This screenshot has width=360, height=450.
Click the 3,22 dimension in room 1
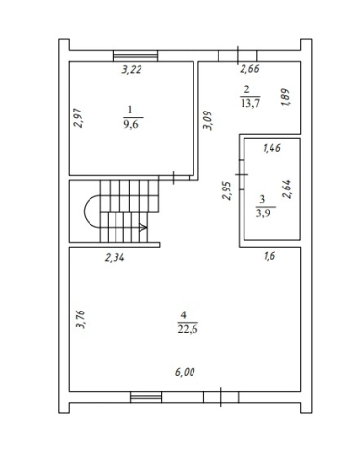click(x=131, y=69)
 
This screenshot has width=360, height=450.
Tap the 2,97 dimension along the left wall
click(x=78, y=118)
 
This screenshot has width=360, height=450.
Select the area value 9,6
click(x=131, y=124)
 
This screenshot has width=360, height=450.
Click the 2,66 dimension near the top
click(x=249, y=69)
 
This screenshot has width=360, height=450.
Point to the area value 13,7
click(x=250, y=103)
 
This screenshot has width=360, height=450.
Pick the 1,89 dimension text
click(x=285, y=98)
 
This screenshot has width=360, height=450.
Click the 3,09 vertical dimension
click(x=207, y=120)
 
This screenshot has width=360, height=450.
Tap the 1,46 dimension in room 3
click(x=271, y=148)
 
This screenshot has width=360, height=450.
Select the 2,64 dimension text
click(x=286, y=189)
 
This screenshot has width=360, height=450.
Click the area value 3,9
click(x=262, y=213)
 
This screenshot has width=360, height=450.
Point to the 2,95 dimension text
click(x=227, y=191)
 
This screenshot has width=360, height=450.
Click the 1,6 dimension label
click(x=270, y=256)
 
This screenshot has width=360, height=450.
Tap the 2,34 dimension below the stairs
click(x=115, y=257)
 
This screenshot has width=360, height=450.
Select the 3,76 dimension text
click(x=80, y=319)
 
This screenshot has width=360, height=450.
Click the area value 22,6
click(x=188, y=329)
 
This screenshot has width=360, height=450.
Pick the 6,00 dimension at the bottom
click(x=185, y=372)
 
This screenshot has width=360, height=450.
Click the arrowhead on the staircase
click(x=143, y=227)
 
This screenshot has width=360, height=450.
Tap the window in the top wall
click(x=136, y=56)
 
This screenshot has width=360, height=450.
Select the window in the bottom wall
click(x=145, y=397)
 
